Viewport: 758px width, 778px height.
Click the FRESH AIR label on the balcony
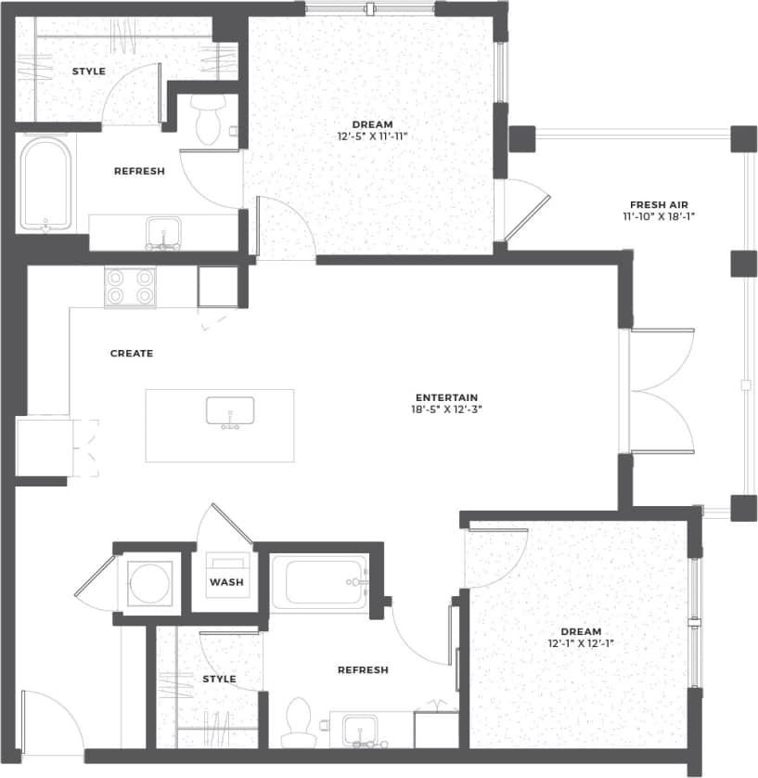coord(659,204)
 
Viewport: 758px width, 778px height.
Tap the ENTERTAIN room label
coord(446,397)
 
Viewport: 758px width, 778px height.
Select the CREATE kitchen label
coord(132,353)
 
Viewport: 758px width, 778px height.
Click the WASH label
coord(226,582)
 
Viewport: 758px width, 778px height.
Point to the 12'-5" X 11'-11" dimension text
coord(372,136)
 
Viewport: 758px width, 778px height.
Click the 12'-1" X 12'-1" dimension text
coord(581,642)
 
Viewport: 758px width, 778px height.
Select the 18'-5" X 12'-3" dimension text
coord(446,408)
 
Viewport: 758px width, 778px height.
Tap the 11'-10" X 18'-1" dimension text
coord(659,216)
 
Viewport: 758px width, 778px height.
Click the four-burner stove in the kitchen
coord(130,287)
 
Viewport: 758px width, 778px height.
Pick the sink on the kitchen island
coord(230,411)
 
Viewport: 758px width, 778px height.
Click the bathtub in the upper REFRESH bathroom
coord(45,184)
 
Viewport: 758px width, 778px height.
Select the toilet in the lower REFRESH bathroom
coord(299,723)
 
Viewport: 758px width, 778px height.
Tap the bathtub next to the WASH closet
coord(319,582)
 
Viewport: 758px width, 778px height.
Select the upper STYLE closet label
coord(89,71)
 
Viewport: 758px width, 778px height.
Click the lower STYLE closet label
coord(219,679)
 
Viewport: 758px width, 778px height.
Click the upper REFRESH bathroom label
coord(139,171)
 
